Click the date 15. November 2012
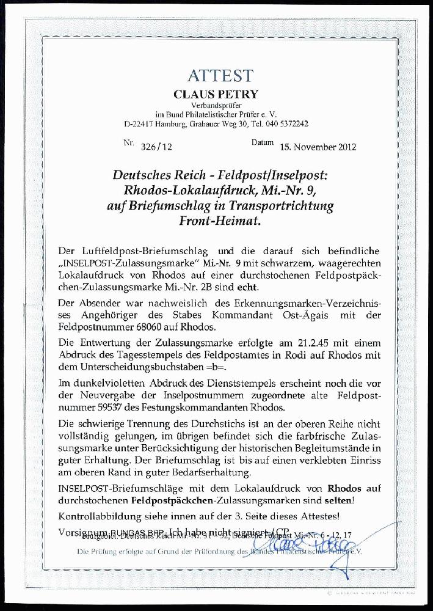[x=318, y=147]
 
